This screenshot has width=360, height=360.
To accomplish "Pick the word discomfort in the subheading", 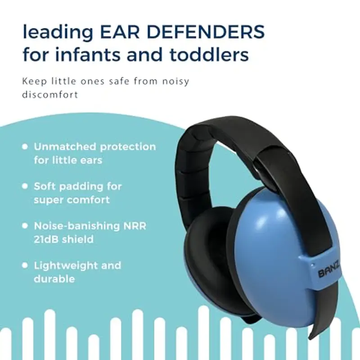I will [50, 95].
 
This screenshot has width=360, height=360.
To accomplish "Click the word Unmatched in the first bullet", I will [65, 147].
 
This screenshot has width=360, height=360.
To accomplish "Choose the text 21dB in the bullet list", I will [46, 239].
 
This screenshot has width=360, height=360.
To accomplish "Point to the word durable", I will [54, 279].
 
